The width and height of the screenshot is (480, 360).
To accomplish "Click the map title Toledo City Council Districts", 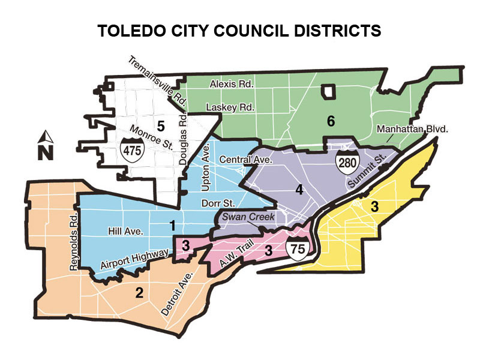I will [239, 31].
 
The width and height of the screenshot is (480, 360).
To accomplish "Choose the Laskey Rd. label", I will [230, 107].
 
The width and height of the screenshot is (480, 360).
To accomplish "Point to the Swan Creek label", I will [244, 217].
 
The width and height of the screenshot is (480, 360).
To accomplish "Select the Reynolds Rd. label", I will [74, 242].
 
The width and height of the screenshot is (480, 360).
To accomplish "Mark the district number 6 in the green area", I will [330, 121].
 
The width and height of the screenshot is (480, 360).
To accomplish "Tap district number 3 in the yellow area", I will [374, 208].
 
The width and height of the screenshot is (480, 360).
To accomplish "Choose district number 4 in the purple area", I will [298, 190].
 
